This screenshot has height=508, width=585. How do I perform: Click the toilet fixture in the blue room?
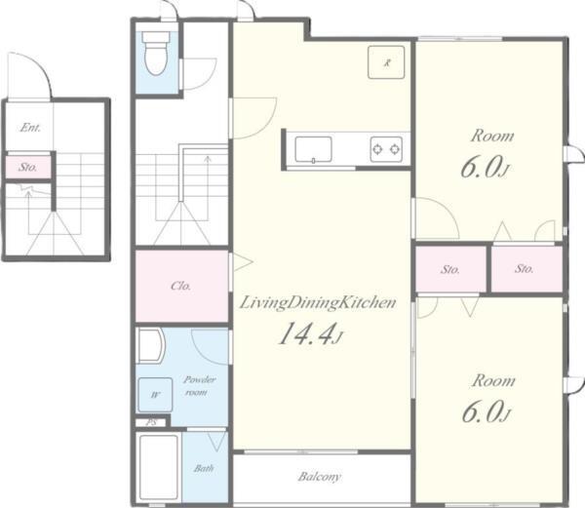click(156, 53)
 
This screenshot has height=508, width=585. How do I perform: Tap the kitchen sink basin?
click(313, 149)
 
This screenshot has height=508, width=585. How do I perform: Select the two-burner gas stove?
click(386, 149)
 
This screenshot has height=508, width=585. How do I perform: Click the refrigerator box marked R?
click(386, 62)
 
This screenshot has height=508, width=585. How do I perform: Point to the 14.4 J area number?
click(310, 334)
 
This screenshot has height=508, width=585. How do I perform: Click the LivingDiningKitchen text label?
click(318, 302)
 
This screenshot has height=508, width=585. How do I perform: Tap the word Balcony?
click(320, 477)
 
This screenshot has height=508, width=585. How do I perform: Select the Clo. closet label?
click(181, 286)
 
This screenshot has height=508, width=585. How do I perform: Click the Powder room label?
click(199, 386)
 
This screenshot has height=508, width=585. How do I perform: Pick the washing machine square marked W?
click(156, 395)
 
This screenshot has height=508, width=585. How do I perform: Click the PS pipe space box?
click(151, 422)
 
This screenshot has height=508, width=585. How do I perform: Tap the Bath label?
click(204, 468)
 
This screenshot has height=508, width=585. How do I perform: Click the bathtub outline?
click(158, 467)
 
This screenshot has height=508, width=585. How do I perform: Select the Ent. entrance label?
click(30, 128)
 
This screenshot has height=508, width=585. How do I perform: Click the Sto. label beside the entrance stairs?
click(28, 167)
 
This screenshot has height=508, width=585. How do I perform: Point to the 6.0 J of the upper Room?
click(485, 168)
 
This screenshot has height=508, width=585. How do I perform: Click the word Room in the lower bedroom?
click(493, 381)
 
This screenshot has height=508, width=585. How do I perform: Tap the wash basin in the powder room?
click(151, 345)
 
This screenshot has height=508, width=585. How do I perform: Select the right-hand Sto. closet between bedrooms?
click(526, 269)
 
